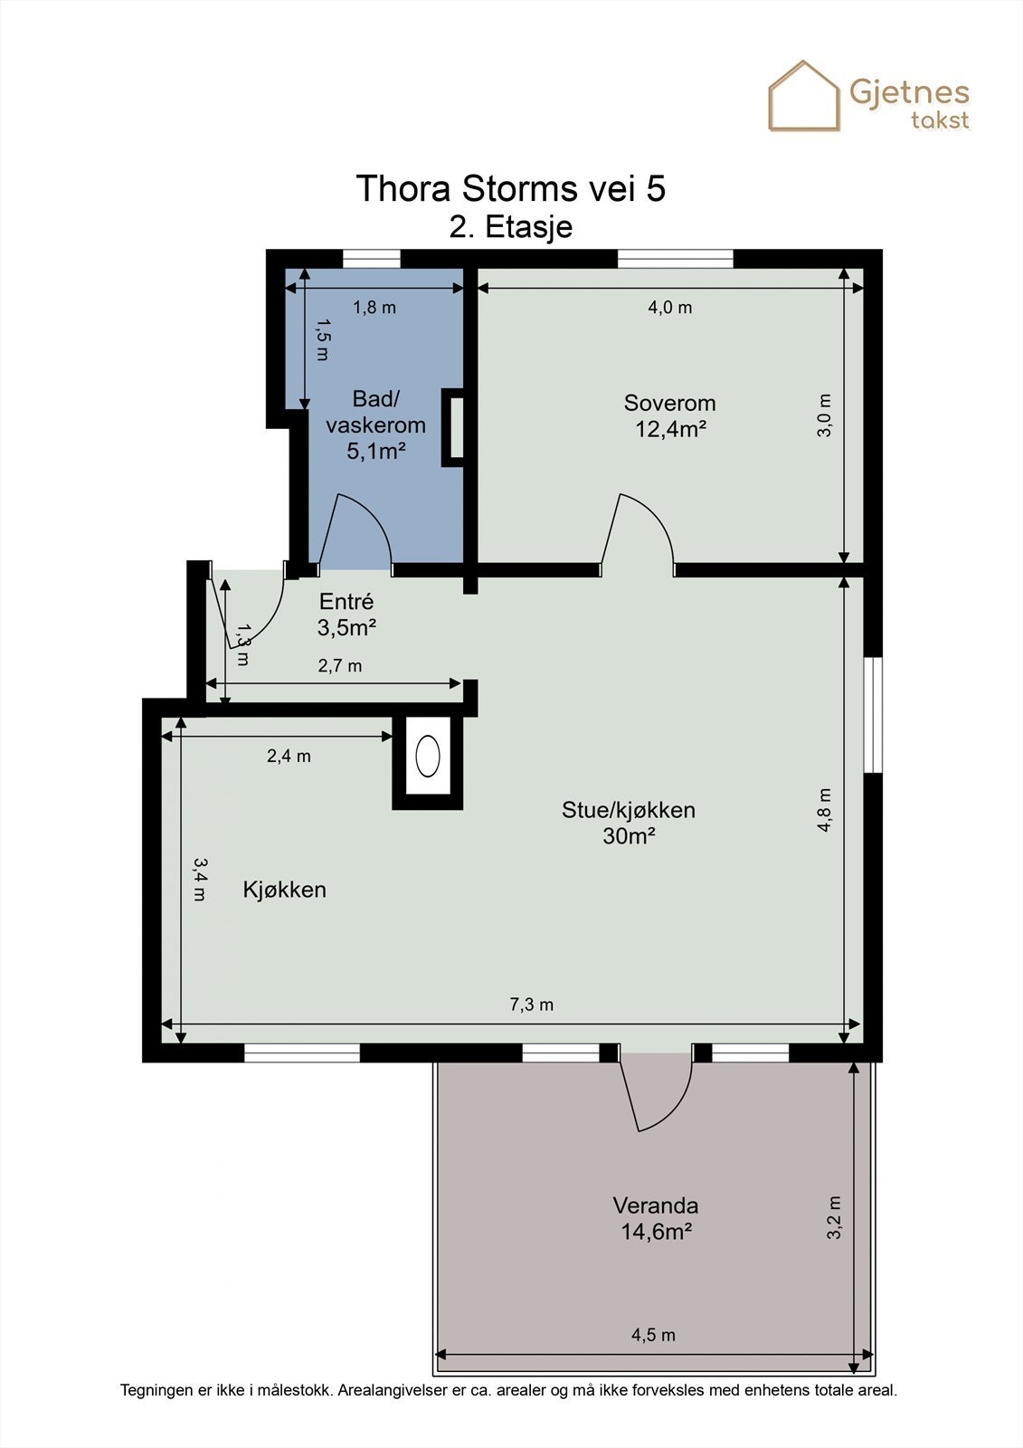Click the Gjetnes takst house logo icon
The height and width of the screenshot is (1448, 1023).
[803, 96]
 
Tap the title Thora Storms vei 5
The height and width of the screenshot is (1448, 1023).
[510, 189]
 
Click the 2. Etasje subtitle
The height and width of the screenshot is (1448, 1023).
[511, 227]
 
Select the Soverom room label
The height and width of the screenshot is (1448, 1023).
[669, 403]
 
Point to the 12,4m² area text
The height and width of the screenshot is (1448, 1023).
[670, 429]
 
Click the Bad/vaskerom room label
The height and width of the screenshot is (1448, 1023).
[375, 412]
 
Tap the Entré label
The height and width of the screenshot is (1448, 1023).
[346, 601]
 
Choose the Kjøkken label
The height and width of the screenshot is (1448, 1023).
[284, 890]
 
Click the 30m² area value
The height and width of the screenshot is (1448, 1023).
[629, 836]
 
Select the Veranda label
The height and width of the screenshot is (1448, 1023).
[655, 1205]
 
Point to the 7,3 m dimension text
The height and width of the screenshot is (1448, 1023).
[531, 1004]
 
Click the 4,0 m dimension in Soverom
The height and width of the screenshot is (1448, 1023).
[669, 307]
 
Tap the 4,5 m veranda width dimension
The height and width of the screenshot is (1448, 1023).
[653, 1335]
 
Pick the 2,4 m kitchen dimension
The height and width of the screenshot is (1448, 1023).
[289, 755]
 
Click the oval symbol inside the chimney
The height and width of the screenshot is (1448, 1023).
[427, 756]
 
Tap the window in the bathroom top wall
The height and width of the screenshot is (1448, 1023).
[371, 259]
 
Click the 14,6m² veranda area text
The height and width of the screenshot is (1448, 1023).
[656, 1232]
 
